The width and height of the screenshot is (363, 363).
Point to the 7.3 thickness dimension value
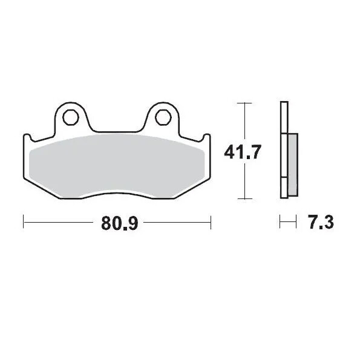pyautogui.click(x=318, y=223)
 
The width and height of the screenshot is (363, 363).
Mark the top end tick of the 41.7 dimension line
pyautogui.click(x=244, y=103)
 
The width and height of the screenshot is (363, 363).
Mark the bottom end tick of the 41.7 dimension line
pyautogui.click(x=244, y=198)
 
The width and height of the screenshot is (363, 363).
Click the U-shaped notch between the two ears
pyautogui.click(x=116, y=128)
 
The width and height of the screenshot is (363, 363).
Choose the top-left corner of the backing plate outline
pyautogui.click(x=24, y=135)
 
